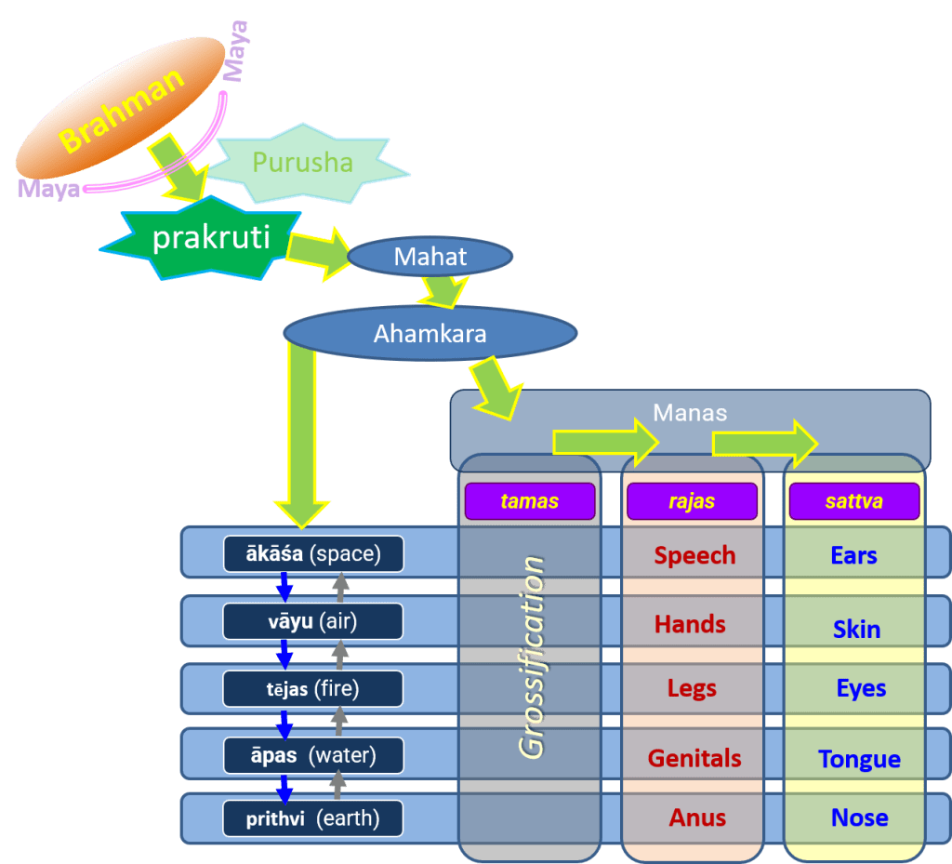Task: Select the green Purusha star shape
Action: [303, 164]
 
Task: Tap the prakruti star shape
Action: [211, 238]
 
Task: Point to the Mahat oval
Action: [430, 257]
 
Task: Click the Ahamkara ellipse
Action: [430, 333]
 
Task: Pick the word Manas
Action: [690, 412]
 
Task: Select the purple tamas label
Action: [529, 501]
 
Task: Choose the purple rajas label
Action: [692, 501]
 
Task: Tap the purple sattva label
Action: [853, 501]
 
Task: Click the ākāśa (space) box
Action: [312, 554]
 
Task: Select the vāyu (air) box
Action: [312, 621]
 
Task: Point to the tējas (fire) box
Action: [312, 688]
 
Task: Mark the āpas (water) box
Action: [312, 755]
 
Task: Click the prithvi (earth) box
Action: [312, 818]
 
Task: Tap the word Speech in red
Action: [694, 555]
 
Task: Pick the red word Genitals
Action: [694, 758]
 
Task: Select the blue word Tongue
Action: [859, 759]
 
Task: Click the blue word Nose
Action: [859, 817]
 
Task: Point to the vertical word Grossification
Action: [533, 658]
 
